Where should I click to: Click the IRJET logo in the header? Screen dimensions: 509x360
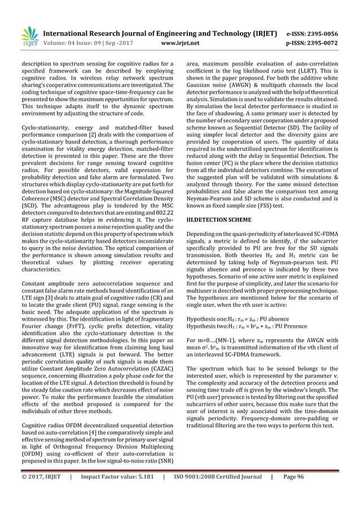pyautogui.click(x=29, y=34)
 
